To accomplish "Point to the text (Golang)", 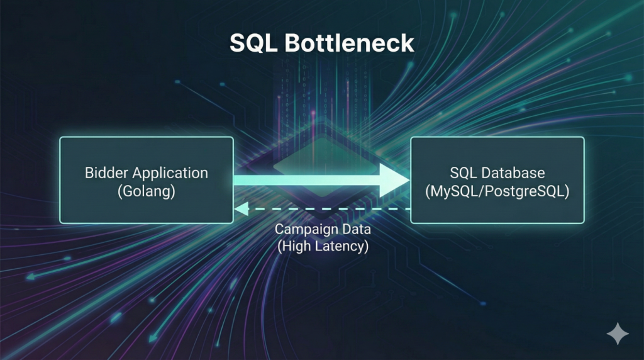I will tap(146, 191).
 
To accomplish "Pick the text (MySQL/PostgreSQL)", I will tap(497, 191).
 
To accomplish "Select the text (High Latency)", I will tap(322, 246).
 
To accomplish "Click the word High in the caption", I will tap(296, 246).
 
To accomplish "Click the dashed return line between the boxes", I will tap(327, 209).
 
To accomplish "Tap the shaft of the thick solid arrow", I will tap(302, 180).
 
